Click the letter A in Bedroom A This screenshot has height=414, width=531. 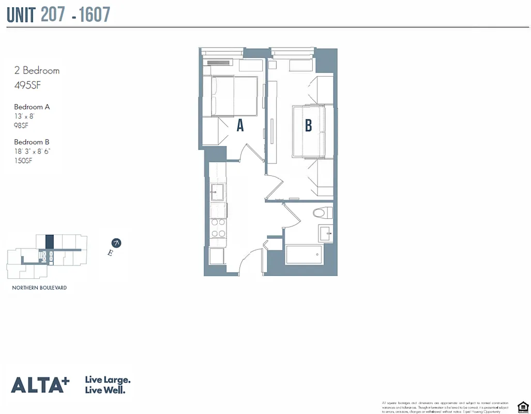240,125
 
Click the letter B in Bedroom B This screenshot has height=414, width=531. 309,125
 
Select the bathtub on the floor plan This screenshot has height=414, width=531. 304,255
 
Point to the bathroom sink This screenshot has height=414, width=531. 327,234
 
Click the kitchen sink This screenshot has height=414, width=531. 217,191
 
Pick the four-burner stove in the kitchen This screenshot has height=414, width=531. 218,228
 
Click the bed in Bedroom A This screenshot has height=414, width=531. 234,96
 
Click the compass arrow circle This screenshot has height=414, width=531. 117,243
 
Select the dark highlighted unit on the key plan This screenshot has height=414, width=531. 50,242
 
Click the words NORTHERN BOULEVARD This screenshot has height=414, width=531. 39,288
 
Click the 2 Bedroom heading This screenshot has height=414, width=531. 37,70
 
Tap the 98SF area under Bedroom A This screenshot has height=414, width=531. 21,125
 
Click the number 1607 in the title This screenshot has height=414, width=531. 95,14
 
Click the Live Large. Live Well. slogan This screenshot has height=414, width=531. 108,385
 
